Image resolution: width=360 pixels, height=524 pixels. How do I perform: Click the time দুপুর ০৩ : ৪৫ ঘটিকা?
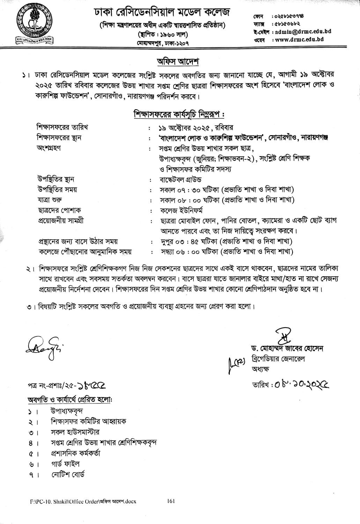pyautogui.click(x=189, y=241)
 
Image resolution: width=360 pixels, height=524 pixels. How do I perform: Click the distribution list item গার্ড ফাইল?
pyautogui.click(x=65, y=464)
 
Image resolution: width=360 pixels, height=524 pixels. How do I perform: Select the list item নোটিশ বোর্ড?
pyautogui.click(x=67, y=474)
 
